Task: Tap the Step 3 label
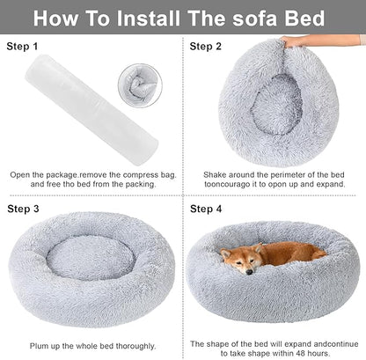(24, 209)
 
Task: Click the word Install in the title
(168, 18)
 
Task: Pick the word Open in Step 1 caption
(20, 175)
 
